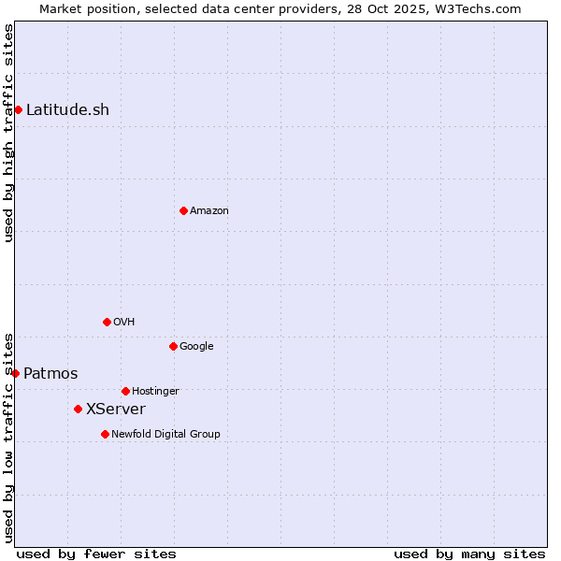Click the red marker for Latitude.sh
[x=18, y=109]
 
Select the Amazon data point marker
[x=183, y=210]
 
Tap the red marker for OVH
[x=107, y=322]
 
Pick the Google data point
[x=173, y=346]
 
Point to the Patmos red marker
[x=15, y=373]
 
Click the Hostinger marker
[x=125, y=391]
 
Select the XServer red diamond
[x=78, y=409]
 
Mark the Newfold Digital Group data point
[x=105, y=434]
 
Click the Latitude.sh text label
[x=67, y=109]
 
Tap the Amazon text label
[x=209, y=210]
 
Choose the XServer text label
[x=116, y=409]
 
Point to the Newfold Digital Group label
[x=165, y=434]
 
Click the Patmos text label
[x=50, y=374]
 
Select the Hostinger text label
[x=155, y=391]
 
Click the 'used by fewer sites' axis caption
[x=96, y=554]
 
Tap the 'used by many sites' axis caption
[x=469, y=554]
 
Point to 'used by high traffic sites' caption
[x=9, y=133]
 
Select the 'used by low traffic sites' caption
[x=9, y=438]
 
